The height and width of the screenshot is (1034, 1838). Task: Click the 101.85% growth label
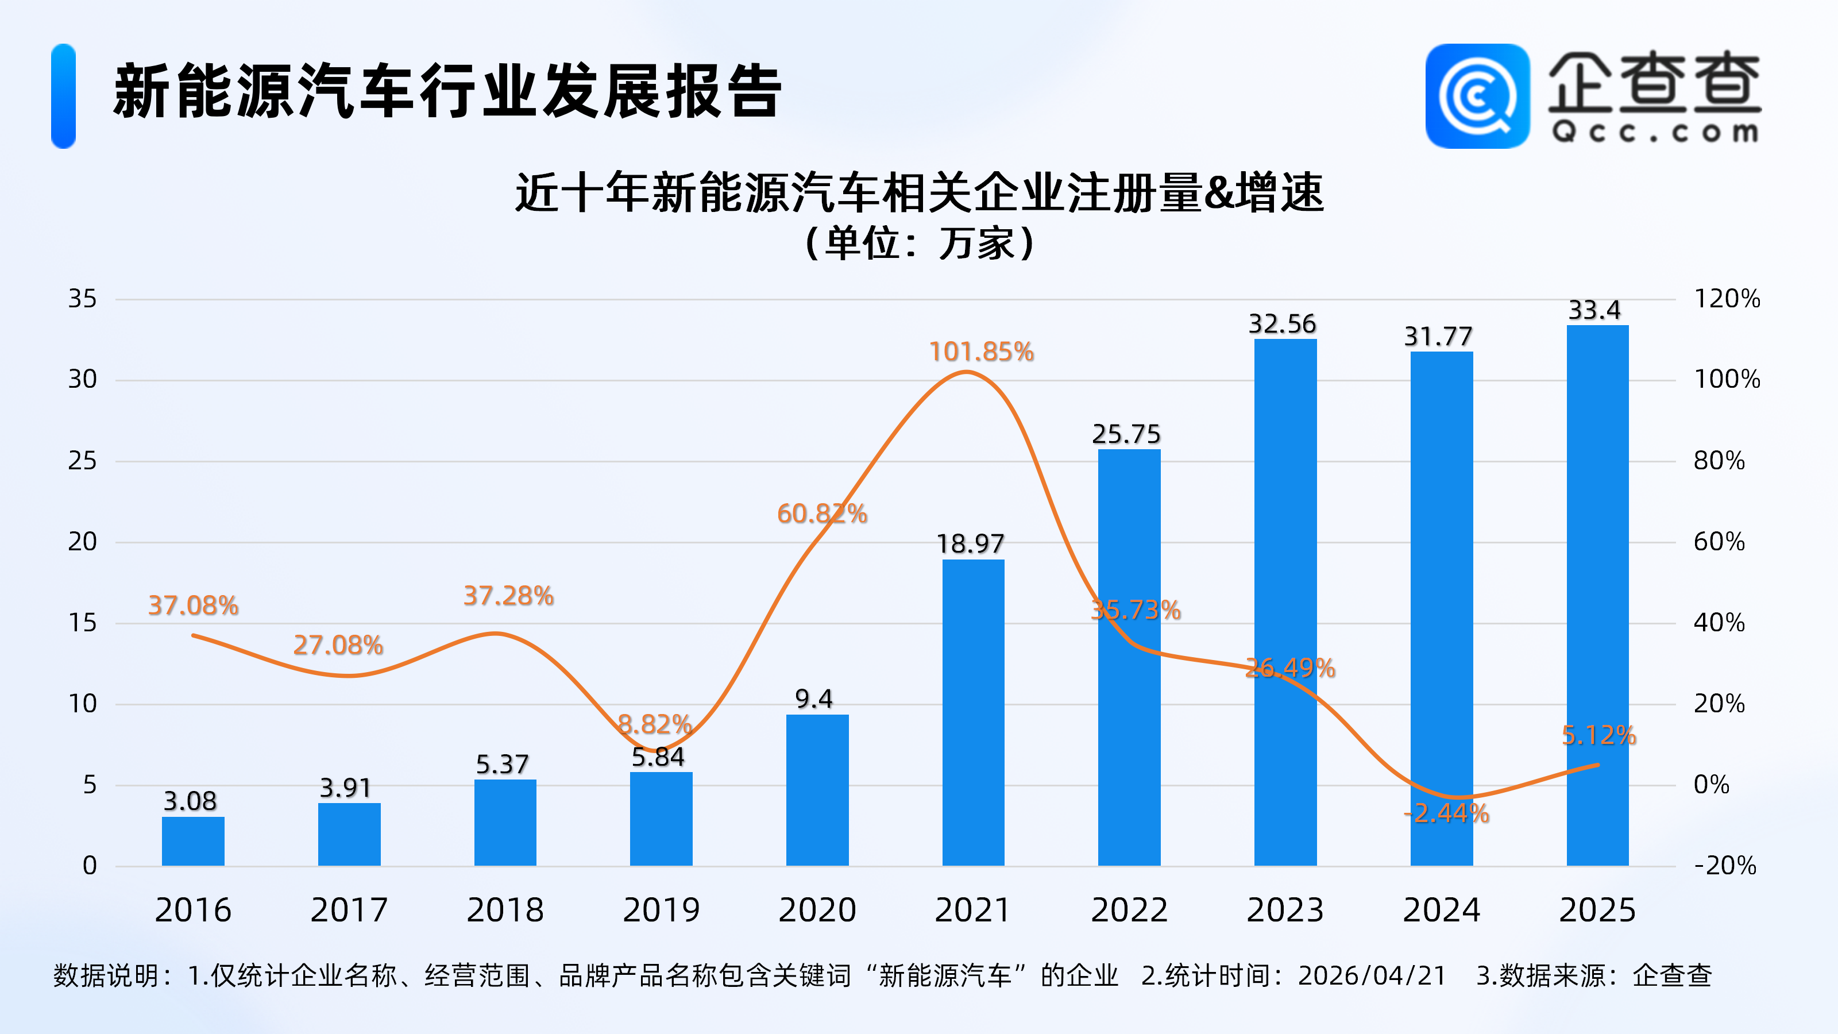[981, 352]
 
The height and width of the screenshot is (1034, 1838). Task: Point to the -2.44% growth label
[1446, 813]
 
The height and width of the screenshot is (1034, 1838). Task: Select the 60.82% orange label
[822, 513]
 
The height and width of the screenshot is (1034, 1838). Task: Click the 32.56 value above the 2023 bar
[1282, 324]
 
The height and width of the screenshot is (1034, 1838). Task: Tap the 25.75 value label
[1126, 434]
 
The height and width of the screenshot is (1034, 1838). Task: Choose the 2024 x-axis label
[1441, 910]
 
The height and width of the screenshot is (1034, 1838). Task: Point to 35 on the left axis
[82, 298]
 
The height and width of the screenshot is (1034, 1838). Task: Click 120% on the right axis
[1727, 298]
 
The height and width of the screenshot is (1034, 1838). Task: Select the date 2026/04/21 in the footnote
[1372, 975]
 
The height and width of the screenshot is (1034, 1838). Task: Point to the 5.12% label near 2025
[1598, 735]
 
